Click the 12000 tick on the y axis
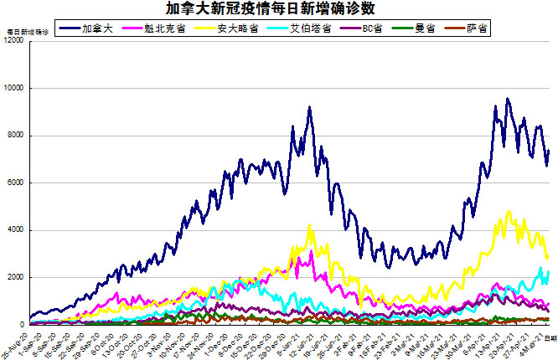click(13, 41)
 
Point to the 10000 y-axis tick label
click(13, 88)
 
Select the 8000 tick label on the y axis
click(15, 136)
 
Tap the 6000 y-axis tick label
click(15, 183)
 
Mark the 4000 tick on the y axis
click(15, 230)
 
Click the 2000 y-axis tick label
click(15, 277)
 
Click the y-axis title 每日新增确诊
click(27, 31)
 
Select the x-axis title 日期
click(550, 337)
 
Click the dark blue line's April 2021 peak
click(507, 99)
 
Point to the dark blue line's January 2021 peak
click(310, 107)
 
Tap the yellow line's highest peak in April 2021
click(509, 212)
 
